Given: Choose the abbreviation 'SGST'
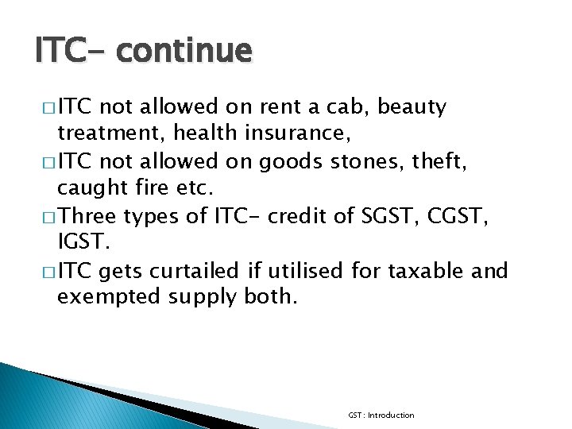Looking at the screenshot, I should click(x=377, y=217).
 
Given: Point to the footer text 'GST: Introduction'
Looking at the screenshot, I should click(x=381, y=415).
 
